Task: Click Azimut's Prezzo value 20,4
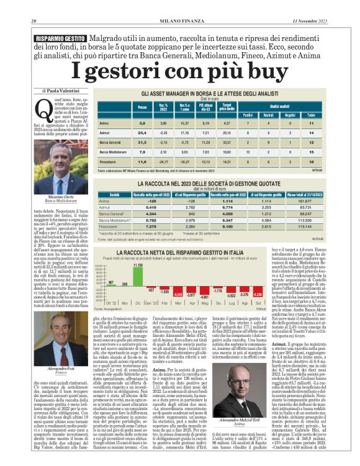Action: coord(142,132)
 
